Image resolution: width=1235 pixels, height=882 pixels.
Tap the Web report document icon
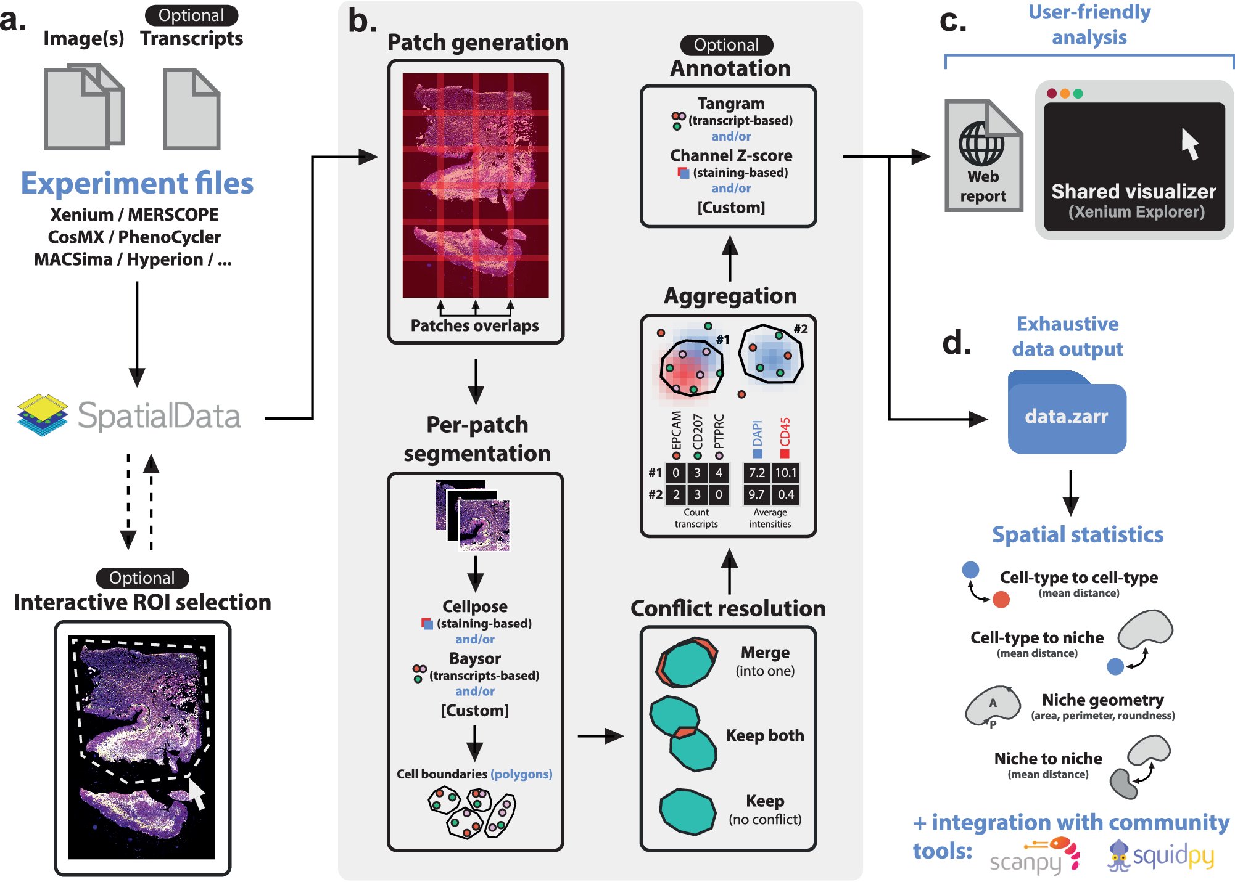coord(983,157)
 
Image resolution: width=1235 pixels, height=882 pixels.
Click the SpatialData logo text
coord(159,416)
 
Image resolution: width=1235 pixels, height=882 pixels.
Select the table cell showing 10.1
coord(785,473)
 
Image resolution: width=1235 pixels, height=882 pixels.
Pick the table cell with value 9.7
coord(756,494)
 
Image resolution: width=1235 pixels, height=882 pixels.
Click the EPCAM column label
coord(676,431)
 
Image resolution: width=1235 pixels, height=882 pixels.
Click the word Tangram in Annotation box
coord(731,104)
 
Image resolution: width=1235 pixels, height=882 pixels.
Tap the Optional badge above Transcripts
coord(191,15)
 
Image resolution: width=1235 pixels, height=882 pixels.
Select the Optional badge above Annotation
coord(726,45)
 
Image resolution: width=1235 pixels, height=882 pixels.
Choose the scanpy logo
coord(1034,857)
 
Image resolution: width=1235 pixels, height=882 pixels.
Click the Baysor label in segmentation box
coord(474,658)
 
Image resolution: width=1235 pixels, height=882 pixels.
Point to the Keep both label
coord(764,735)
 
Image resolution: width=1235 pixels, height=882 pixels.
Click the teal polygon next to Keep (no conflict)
coord(687,812)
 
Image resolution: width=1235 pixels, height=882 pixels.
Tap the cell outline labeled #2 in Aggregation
coord(771,354)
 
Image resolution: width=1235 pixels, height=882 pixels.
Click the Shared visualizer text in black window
coord(1133,192)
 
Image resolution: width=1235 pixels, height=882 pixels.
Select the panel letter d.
coord(956,343)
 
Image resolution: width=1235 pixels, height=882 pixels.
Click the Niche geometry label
coord(1102,700)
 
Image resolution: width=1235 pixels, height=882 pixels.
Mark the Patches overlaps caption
coord(474,325)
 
